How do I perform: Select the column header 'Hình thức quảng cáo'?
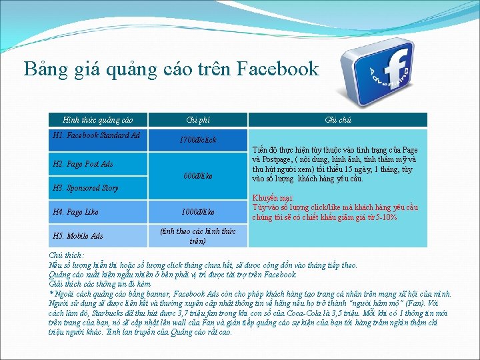(x=97, y=120)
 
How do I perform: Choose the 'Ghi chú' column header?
(x=337, y=120)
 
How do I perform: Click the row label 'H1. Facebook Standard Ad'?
(x=96, y=135)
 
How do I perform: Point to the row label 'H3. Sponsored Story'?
(x=85, y=188)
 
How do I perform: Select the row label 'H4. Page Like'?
(x=75, y=212)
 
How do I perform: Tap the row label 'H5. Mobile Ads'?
(x=77, y=236)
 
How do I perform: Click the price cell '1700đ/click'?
(x=197, y=141)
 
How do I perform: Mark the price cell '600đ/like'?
(x=197, y=177)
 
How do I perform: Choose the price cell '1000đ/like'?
(x=197, y=212)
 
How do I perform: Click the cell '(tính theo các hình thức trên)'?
(x=197, y=236)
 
